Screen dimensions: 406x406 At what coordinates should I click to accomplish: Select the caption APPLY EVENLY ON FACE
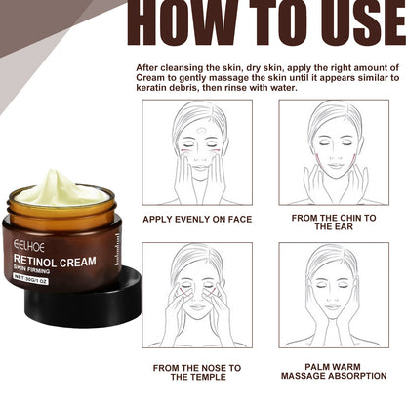(x=196, y=220)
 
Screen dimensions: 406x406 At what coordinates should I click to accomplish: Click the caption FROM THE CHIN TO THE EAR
(x=335, y=223)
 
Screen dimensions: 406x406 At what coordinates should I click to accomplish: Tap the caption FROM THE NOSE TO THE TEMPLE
(x=196, y=372)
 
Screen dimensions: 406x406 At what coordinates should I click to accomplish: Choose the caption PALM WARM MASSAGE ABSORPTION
(x=335, y=372)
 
